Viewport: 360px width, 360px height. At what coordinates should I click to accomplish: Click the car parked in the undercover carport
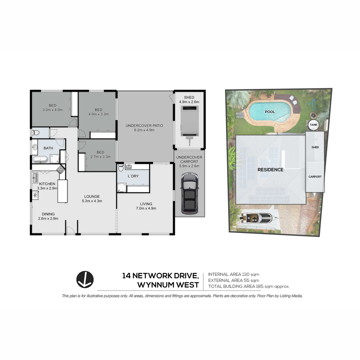coord(189,193)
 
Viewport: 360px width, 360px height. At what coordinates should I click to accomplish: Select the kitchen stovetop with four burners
coord(60,169)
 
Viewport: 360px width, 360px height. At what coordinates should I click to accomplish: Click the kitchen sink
coord(35,178)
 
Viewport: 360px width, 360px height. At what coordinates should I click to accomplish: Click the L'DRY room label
coord(133,176)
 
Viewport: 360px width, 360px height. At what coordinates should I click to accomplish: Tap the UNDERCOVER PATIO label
coord(144,126)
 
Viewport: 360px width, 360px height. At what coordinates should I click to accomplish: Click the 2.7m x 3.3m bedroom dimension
coord(100,156)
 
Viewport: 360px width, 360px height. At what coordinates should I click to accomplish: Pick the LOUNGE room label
coord(92,196)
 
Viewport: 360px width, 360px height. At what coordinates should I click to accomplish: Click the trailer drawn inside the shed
coord(189,122)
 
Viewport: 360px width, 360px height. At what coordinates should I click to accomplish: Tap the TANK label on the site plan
coord(314,125)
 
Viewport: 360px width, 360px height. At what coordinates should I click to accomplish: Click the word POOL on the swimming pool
coord(270,112)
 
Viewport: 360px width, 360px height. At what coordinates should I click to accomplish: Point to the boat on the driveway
coord(257,219)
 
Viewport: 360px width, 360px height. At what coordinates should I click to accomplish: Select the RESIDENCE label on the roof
coord(270,170)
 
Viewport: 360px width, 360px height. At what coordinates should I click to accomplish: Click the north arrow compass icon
coord(85,279)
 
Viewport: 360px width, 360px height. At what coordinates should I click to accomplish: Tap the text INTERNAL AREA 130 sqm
coord(234,274)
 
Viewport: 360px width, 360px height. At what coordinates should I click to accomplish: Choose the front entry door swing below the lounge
coord(70,230)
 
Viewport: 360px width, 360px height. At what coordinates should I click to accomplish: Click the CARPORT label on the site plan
coord(315,177)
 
